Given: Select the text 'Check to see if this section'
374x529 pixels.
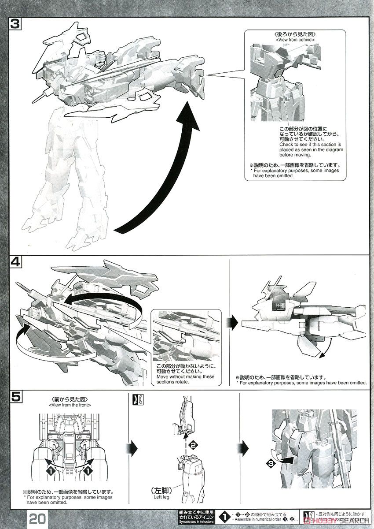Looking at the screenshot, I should point(310,145).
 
